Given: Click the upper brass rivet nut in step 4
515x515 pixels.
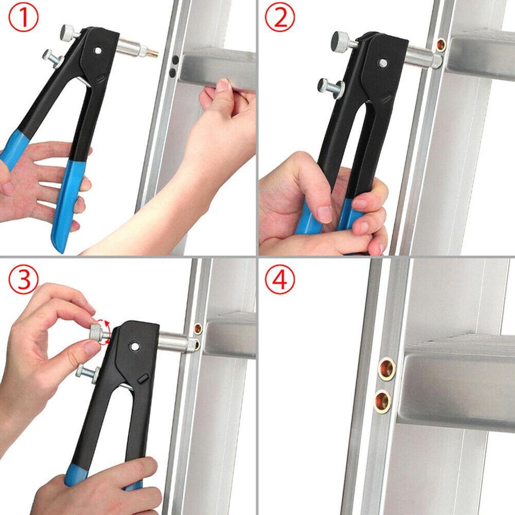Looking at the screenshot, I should point(386,369).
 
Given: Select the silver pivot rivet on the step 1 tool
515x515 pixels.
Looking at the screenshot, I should point(98,50).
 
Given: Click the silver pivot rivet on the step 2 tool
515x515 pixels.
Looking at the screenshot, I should point(382,63).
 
